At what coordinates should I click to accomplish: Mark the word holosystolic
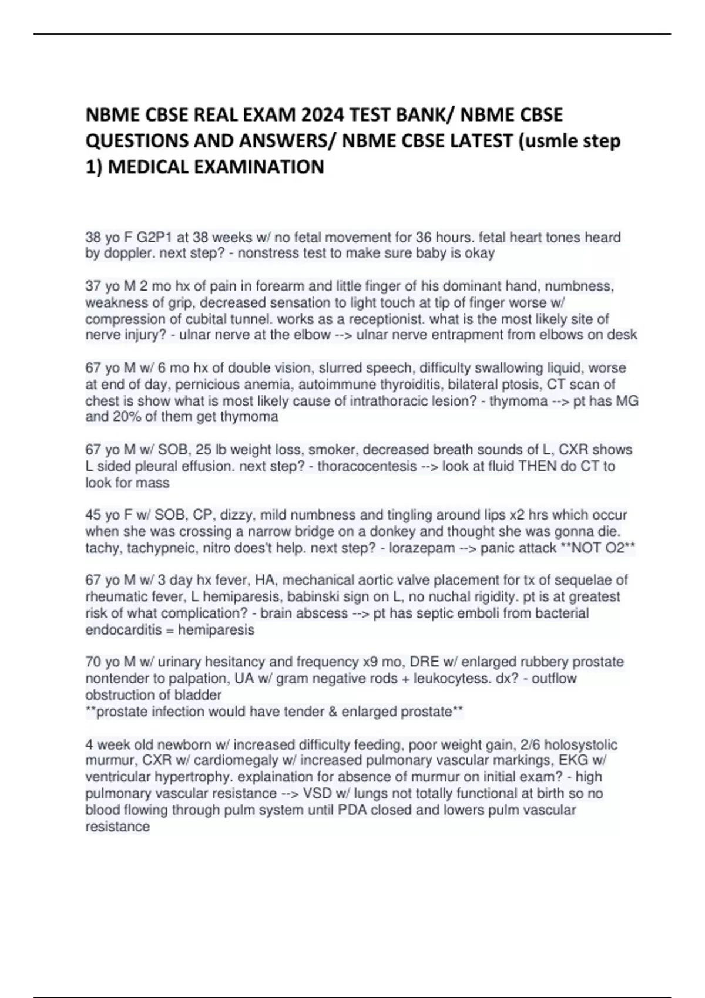pyautogui.click(x=580, y=745)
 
